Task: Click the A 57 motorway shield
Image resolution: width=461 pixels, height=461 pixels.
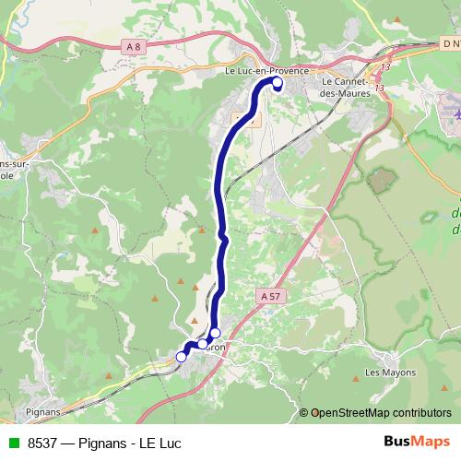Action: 269,296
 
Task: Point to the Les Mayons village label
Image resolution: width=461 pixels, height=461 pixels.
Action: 390,372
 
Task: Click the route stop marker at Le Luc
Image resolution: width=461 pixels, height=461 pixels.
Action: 278,83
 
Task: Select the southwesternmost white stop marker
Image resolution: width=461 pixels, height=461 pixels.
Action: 182,358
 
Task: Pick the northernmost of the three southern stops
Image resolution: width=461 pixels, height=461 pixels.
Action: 215,333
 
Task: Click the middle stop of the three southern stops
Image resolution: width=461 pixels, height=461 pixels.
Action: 202,344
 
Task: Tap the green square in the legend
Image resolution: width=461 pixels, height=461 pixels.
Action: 11,443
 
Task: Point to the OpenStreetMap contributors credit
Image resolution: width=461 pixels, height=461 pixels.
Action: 381,413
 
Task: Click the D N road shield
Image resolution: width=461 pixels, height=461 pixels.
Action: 450,44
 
